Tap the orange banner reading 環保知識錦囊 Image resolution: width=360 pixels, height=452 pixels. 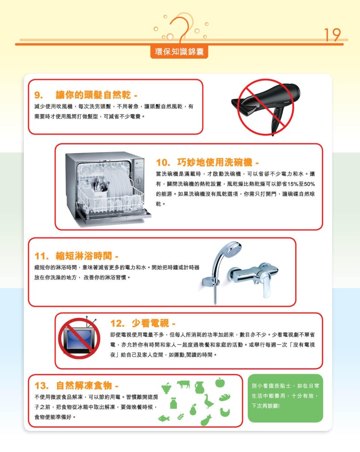pos(179,52)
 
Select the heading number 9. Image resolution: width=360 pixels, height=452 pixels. pos(38,95)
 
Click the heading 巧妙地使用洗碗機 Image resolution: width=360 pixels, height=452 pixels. pos(214,162)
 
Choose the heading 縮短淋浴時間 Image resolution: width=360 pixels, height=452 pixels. pos(83,256)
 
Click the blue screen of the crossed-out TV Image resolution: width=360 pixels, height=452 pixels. pos(78,338)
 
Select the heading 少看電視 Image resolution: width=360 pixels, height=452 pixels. pos(150,323)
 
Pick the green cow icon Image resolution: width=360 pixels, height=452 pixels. pos(183,384)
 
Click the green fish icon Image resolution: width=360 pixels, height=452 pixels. pos(164,418)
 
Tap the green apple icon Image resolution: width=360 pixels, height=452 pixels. pos(220,383)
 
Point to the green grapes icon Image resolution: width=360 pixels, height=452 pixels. pos(166,388)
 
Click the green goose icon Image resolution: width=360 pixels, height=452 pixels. pos(208,401)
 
